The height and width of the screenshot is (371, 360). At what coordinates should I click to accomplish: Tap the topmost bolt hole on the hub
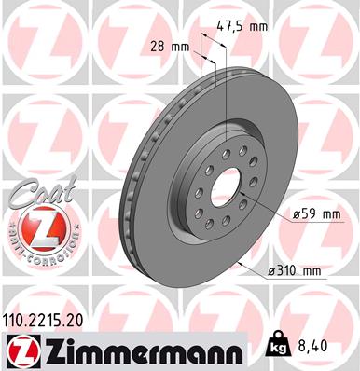point(224,141)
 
